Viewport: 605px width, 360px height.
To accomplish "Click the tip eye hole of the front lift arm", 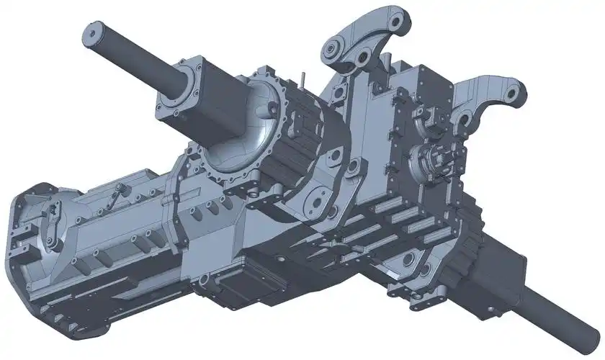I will pos(512,93).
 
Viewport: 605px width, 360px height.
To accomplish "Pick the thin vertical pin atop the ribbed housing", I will pos(306,76).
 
